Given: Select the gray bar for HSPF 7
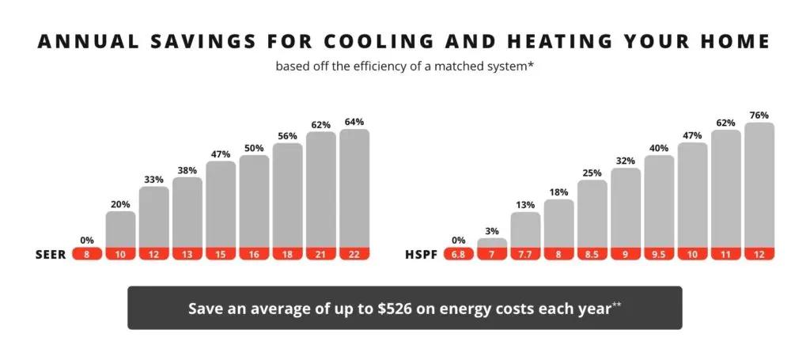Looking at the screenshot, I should click(492, 243).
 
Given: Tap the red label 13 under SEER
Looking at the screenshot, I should click(187, 254).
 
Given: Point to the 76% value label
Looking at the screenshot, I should click(759, 115).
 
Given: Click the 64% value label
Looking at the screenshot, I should click(354, 122).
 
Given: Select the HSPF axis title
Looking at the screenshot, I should click(420, 254).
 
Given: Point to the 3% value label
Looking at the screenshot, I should click(492, 230).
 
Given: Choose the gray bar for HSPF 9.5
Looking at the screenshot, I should click(659, 201).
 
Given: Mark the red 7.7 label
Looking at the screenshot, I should click(525, 254).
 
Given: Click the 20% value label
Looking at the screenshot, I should click(120, 203).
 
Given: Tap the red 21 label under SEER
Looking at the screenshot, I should click(321, 254).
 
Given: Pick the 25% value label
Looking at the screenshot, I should click(592, 172).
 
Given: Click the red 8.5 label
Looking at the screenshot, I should click(592, 254).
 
